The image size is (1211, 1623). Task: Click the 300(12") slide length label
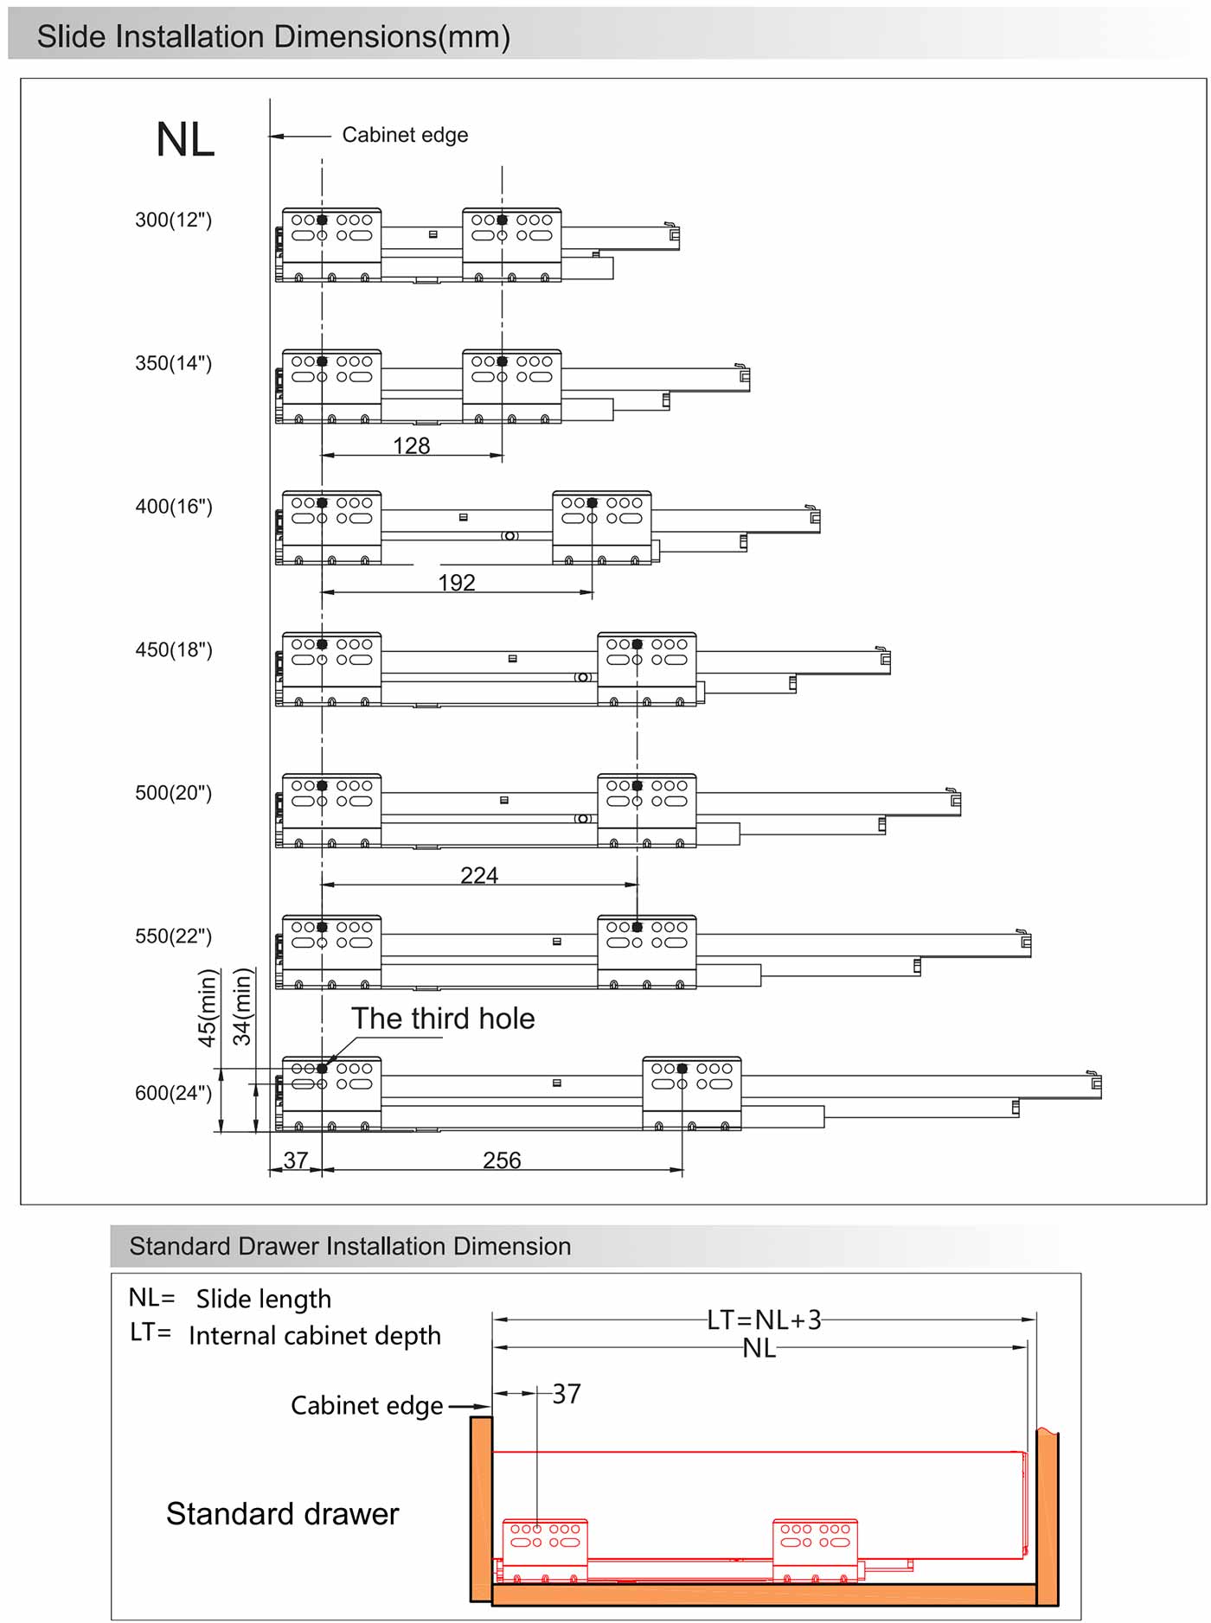coord(173,220)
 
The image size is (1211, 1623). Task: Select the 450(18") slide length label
coord(173,649)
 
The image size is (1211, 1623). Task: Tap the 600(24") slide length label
coord(173,1093)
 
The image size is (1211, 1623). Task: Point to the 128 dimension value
coord(411,445)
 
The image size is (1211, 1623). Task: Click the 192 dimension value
coord(457,582)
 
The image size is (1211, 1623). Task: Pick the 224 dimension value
coord(479,875)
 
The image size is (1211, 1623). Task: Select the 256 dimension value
coord(502,1160)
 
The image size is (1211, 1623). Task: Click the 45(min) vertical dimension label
coord(208,1008)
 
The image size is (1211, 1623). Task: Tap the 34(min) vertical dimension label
coord(242,1006)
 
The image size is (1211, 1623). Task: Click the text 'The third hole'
coord(443,1019)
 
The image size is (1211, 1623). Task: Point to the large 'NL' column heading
coord(185,139)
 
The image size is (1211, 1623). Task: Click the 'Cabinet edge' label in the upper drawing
coord(405,135)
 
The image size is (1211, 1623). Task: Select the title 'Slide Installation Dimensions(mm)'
coord(273,37)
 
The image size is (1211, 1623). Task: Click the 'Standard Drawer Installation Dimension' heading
coord(350,1246)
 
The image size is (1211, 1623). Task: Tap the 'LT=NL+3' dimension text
coord(764,1320)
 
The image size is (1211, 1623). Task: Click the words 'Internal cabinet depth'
coord(315,1336)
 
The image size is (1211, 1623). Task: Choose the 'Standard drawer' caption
coord(283,1514)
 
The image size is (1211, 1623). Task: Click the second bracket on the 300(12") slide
coord(512,245)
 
